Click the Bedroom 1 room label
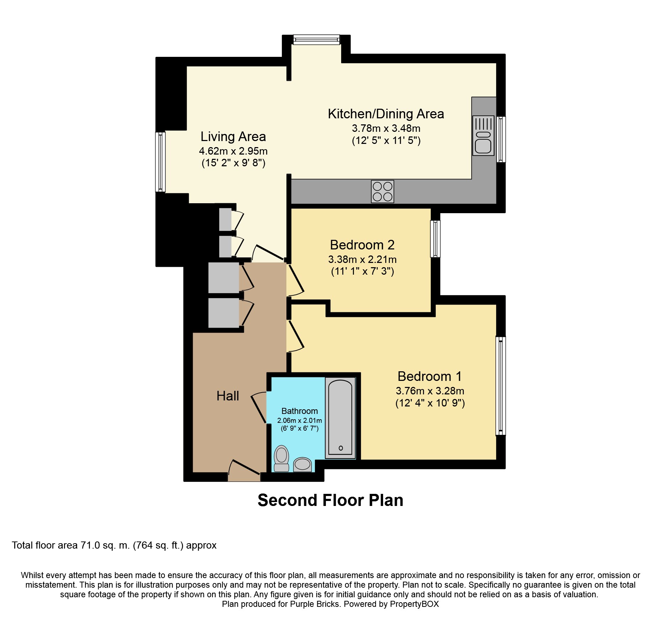429,376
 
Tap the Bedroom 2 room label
362,245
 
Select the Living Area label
233,136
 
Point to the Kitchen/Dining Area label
386,114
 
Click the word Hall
228,396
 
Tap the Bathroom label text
300,411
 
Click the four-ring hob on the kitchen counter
382,191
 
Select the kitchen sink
483,135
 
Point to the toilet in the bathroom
281,458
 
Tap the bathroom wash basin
302,464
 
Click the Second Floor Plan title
330,500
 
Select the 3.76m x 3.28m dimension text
430,391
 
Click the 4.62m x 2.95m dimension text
233,151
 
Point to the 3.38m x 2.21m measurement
362,259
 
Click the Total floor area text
114,545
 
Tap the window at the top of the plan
316,39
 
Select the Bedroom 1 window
501,386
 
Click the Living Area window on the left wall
160,162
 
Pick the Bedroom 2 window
435,239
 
